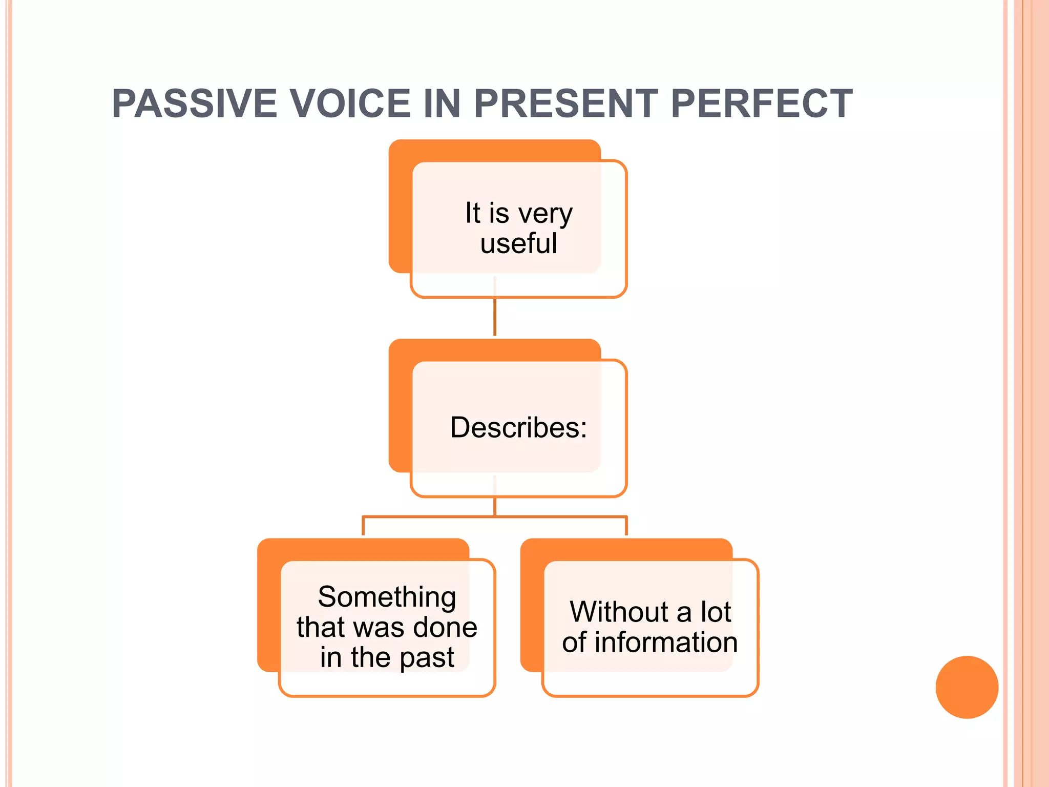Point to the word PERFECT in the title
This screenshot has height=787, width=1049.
coord(761,104)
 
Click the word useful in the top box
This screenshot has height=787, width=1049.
coord(518,243)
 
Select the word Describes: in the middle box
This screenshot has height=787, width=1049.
coord(518,427)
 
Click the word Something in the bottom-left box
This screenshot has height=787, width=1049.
coord(387,597)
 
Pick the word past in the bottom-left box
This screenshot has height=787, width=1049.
coord(427,658)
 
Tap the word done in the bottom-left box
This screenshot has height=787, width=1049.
coord(445,627)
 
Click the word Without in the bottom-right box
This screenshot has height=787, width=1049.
coord(619,612)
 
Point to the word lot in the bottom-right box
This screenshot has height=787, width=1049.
coord(716,612)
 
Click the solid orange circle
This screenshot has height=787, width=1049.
coord(967,687)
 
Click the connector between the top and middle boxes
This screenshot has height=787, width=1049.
coord(495,318)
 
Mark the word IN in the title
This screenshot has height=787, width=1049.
coord(442,104)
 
